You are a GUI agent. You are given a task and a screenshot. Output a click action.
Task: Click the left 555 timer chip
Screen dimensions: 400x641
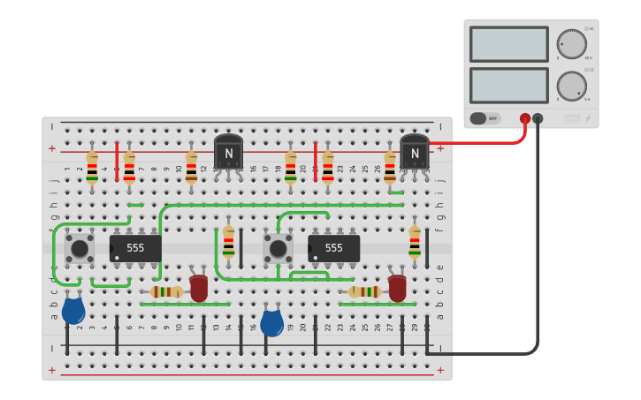pos(135,248)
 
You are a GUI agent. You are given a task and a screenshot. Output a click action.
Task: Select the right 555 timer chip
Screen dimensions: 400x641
pos(334,248)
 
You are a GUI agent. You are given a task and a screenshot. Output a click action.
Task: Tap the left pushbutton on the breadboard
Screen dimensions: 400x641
pos(80,248)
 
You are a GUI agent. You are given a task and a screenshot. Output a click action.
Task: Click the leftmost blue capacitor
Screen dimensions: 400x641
pos(73,311)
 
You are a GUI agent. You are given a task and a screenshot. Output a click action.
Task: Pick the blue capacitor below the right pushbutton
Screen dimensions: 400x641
pos(272,322)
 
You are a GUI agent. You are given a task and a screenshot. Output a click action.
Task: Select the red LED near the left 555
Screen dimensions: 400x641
pos(199,288)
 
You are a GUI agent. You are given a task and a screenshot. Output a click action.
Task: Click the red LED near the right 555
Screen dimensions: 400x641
pos(397,288)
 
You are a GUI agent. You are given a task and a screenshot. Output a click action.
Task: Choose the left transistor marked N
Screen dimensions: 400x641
pos(228,153)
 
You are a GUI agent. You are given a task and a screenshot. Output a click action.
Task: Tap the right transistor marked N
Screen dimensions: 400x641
pos(414,153)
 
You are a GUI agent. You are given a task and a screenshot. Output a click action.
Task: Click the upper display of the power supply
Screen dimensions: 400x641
pos(508,44)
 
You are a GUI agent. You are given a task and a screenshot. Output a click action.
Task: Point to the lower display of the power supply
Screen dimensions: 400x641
pos(508,86)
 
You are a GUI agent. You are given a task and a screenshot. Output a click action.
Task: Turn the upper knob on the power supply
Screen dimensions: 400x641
pos(571,44)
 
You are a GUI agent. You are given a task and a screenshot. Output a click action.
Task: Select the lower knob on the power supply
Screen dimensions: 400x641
pos(571,86)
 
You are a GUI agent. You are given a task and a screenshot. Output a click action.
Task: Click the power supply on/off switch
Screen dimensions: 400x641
pos(485,118)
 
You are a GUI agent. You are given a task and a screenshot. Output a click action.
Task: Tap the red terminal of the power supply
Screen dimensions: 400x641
pos(525,118)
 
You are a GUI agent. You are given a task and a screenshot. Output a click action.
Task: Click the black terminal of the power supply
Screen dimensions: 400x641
pos(538,118)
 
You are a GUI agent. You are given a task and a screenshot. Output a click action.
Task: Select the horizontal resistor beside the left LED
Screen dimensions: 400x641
pos(166,291)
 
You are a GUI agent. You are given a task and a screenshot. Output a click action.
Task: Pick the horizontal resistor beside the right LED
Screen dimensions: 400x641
pos(364,291)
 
